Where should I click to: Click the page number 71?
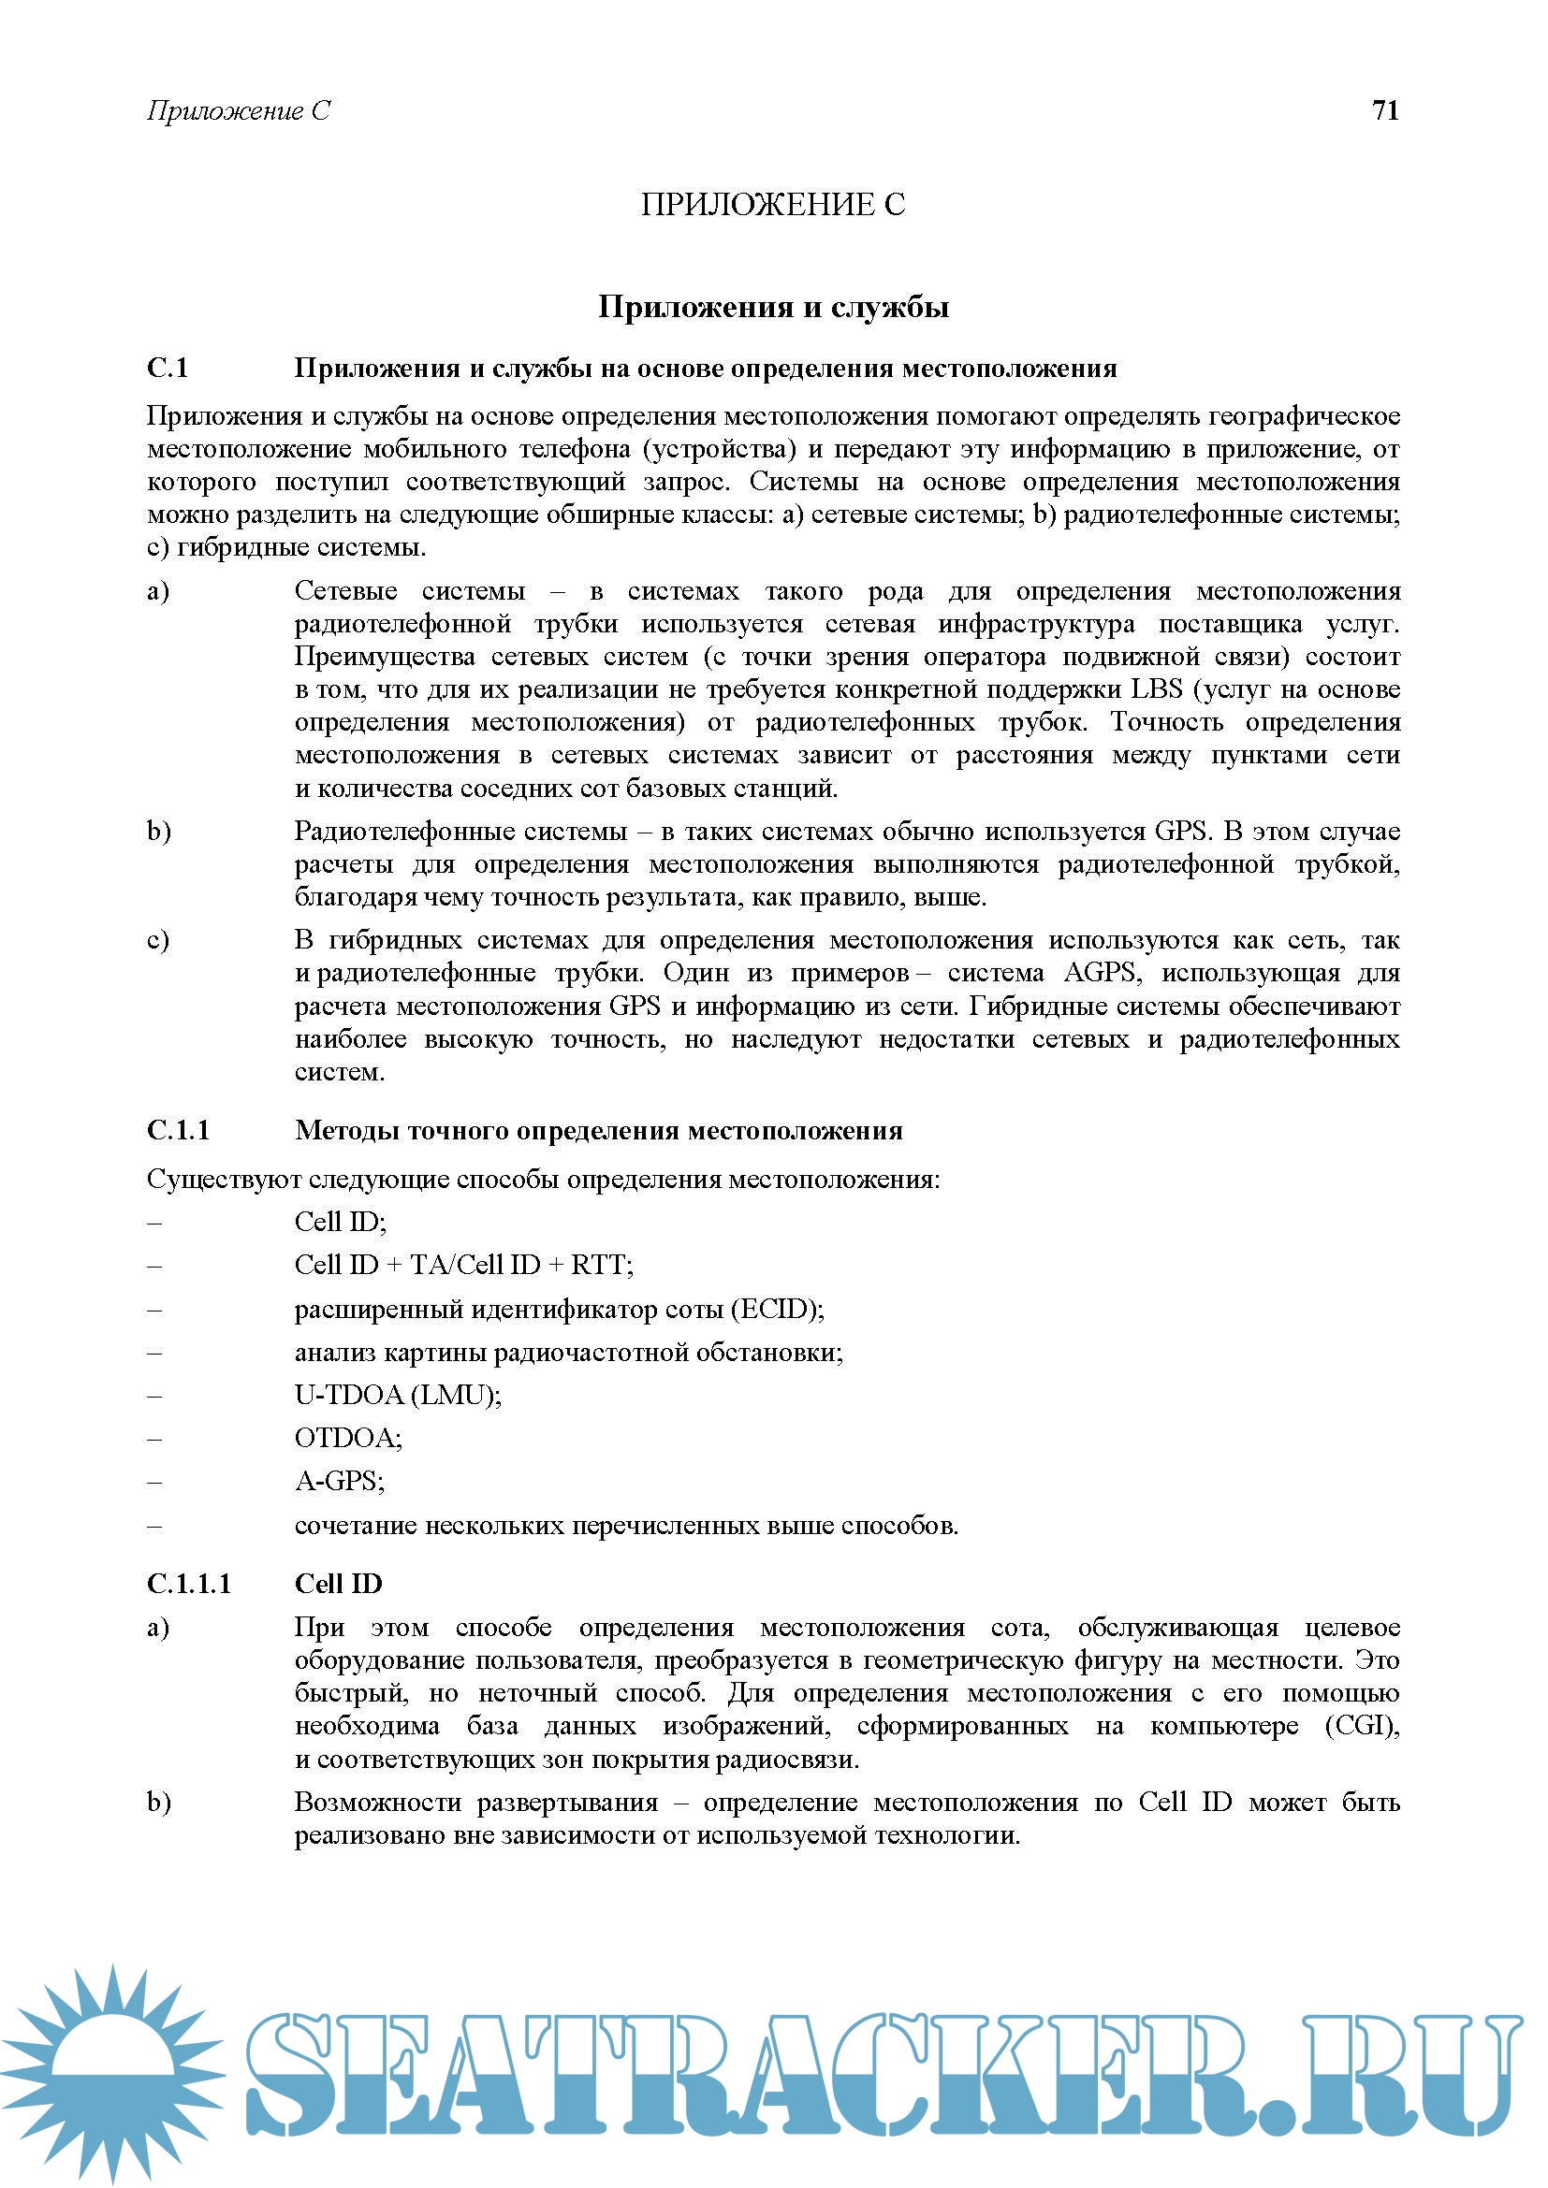point(1385,110)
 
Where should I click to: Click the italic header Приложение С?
point(239,111)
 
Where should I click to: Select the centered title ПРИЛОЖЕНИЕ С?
point(773,204)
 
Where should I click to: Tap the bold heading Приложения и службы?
point(773,307)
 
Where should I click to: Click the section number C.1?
point(168,368)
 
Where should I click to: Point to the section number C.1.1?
point(178,1130)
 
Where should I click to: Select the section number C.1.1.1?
point(189,1584)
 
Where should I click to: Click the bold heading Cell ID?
point(339,1584)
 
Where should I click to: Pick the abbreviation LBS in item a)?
point(1156,689)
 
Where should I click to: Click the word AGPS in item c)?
point(1100,973)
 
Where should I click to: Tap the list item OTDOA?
point(348,1437)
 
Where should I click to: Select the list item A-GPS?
point(340,1481)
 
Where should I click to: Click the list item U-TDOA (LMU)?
point(398,1394)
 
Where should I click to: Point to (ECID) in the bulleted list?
point(777,1309)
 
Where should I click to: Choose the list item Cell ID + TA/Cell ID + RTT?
point(463,1265)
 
